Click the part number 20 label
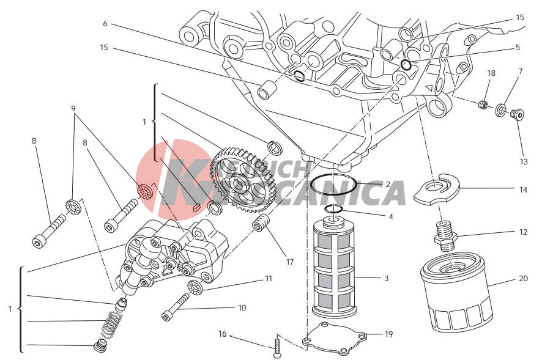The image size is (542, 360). coord(522,279)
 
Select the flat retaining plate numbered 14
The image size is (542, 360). coord(437,191)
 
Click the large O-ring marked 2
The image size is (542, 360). coord(333,182)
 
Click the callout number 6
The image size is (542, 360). coord(105,24)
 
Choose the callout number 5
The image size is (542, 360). coord(518,47)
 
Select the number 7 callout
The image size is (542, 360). coord(520,72)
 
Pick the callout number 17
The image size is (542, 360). coord(289,262)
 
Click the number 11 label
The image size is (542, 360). coord(268,279)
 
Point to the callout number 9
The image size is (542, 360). coord(73,109)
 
